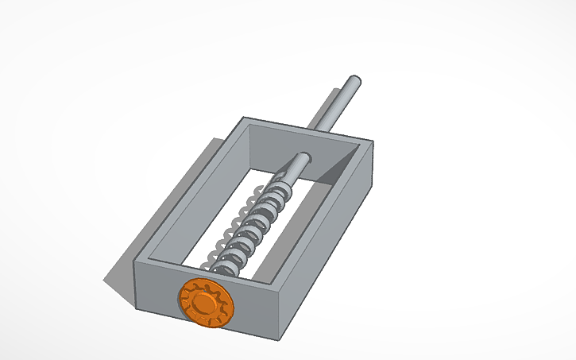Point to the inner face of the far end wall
coord(278,147)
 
